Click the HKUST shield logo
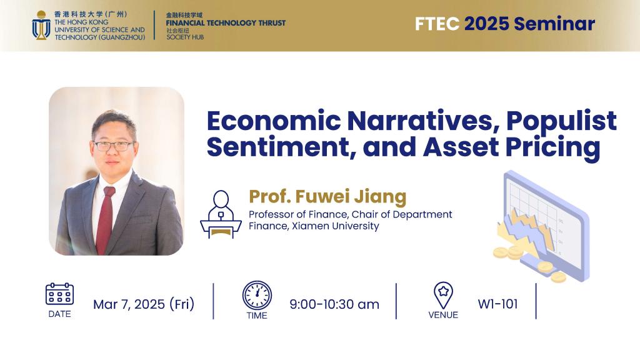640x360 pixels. pos(41,25)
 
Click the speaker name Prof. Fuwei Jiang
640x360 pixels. pos(327,197)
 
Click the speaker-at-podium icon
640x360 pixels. pos(220,214)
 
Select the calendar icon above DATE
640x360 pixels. pos(59,294)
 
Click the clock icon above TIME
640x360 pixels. pos(257,295)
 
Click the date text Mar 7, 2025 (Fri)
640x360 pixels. pos(144,304)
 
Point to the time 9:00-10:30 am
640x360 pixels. pos(334,304)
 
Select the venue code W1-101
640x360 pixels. pos(497,304)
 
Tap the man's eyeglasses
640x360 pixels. pos(114,146)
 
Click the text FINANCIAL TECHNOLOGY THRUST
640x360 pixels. pos(226,23)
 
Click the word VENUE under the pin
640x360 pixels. pos(443,315)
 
